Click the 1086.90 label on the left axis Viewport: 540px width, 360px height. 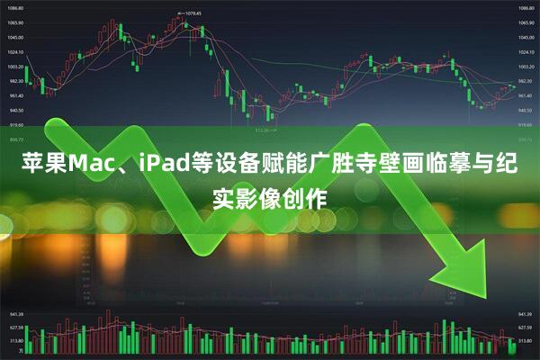[15, 8]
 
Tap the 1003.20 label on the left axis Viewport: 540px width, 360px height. [15, 67]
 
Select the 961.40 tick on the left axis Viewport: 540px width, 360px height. [15, 95]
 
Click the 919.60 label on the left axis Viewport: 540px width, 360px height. [15, 125]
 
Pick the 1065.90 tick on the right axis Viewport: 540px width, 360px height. [526, 22]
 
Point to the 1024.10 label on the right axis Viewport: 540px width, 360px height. [526, 52]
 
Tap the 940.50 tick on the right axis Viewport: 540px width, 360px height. [526, 111]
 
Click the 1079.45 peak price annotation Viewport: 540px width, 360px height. [190, 13]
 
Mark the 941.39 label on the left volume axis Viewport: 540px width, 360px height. [15, 315]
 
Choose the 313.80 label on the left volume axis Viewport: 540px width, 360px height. [15, 341]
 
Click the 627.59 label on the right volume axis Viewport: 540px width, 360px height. [526, 328]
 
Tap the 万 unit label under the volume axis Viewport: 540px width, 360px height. [10, 354]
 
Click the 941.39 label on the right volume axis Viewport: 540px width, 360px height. [526, 315]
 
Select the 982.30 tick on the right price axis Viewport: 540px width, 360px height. [526, 81]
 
